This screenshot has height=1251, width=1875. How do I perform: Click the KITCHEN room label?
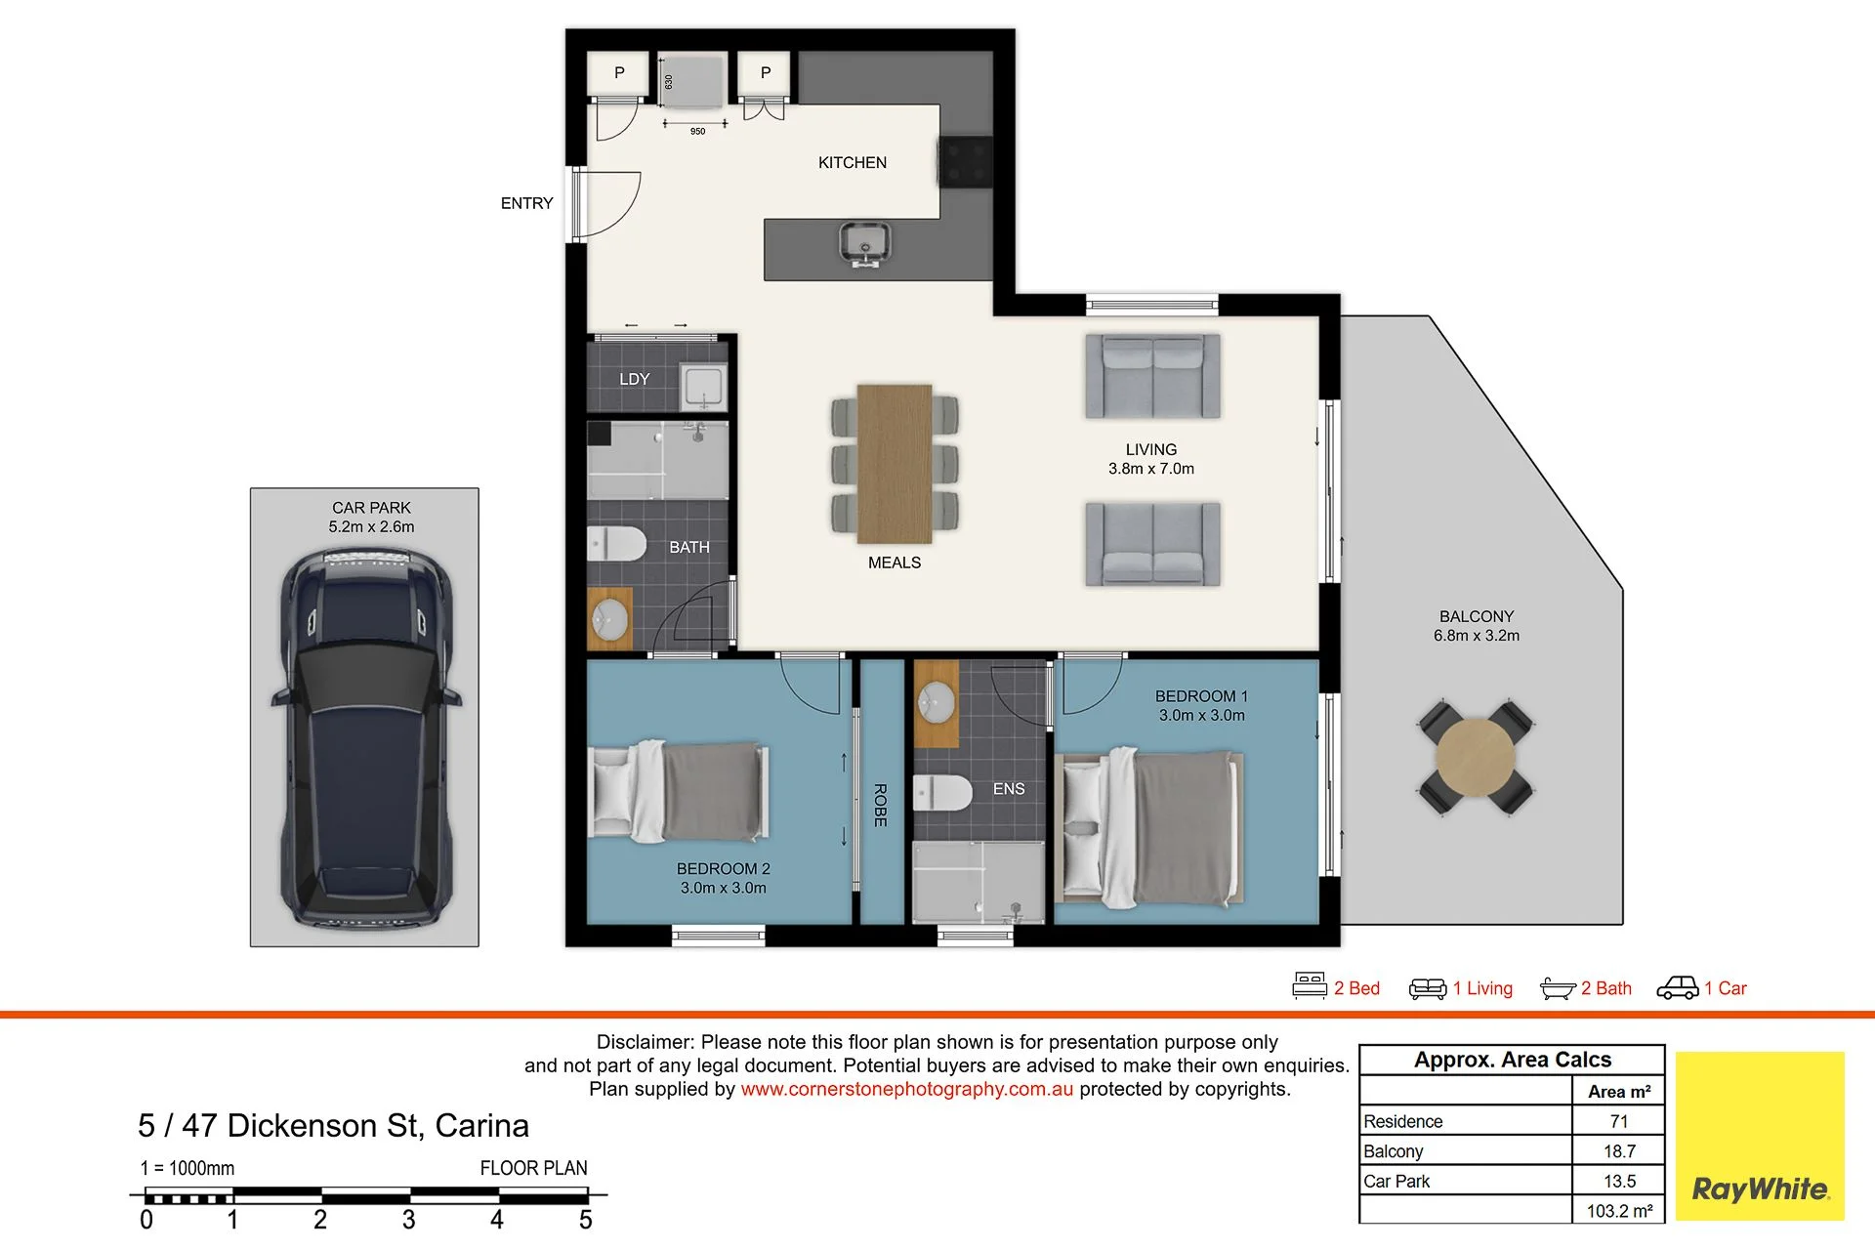(x=853, y=163)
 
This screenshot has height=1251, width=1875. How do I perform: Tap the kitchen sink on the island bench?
(x=865, y=243)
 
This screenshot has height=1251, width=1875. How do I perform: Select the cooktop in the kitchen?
(x=966, y=161)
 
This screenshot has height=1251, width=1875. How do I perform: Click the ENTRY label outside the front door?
(x=526, y=203)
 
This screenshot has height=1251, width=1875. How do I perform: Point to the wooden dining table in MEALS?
(x=895, y=463)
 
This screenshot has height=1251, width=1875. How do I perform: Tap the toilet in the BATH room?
(x=616, y=544)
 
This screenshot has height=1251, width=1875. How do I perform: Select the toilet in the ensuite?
(x=942, y=793)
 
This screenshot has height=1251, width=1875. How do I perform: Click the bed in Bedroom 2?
(x=680, y=791)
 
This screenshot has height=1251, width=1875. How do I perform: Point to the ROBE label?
(x=880, y=806)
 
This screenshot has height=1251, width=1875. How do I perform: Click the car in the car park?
(x=366, y=738)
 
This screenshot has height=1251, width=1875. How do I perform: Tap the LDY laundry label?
(x=634, y=379)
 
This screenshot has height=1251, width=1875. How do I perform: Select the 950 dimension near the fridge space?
(x=697, y=132)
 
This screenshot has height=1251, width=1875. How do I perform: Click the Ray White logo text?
(x=1760, y=1189)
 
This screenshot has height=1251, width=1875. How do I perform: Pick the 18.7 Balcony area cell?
(x=1619, y=1151)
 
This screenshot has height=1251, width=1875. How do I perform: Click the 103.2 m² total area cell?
(x=1619, y=1211)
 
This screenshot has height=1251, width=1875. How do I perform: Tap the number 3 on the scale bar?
(x=409, y=1220)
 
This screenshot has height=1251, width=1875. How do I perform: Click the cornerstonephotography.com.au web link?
(x=907, y=1089)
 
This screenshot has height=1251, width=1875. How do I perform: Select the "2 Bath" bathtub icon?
(x=1558, y=989)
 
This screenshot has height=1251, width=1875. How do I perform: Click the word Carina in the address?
(x=481, y=1126)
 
